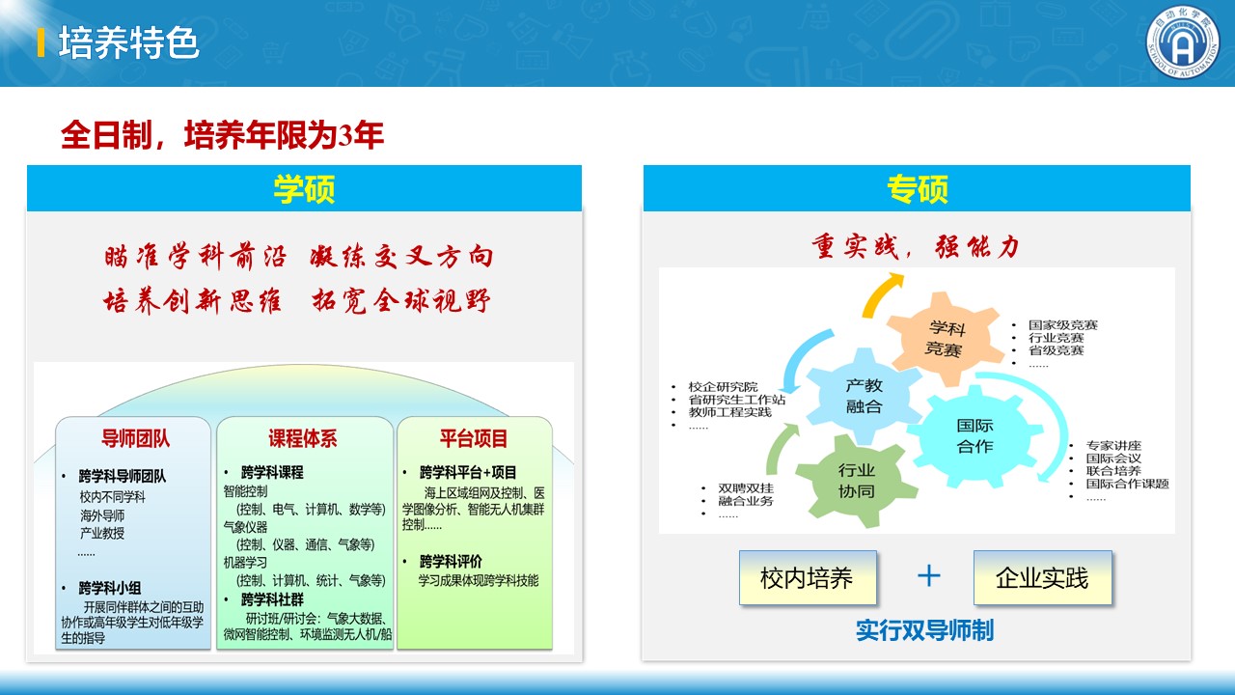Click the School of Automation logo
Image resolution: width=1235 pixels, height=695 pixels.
pyautogui.click(x=1183, y=43)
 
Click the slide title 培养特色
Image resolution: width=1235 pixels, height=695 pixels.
pyautogui.click(x=128, y=42)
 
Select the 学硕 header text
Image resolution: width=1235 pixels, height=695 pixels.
pyautogui.click(x=304, y=188)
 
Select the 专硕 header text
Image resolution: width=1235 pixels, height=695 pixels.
pyautogui.click(x=918, y=188)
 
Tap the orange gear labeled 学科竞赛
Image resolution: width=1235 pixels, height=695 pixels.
pyautogui.click(x=945, y=339)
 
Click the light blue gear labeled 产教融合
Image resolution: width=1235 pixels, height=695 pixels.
pyautogui.click(x=864, y=396)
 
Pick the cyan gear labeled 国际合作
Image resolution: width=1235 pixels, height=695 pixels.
pyautogui.click(x=974, y=435)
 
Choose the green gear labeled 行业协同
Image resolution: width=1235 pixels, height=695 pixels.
pyautogui.click(x=856, y=481)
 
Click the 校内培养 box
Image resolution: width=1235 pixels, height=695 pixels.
pyautogui.click(x=808, y=578)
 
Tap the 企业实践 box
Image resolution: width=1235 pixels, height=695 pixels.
pyautogui.click(x=1043, y=578)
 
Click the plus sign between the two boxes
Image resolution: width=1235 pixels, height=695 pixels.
pyautogui.click(x=928, y=576)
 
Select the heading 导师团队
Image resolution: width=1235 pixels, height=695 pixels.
pyautogui.click(x=136, y=438)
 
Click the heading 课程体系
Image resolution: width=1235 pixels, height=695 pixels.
pyautogui.click(x=303, y=438)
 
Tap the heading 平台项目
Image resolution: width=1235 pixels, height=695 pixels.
pyautogui.click(x=474, y=438)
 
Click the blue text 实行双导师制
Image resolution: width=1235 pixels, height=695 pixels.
pyautogui.click(x=924, y=630)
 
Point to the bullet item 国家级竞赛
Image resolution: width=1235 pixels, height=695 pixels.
pyautogui.click(x=1063, y=325)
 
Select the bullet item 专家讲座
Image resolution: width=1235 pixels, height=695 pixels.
pyautogui.click(x=1113, y=445)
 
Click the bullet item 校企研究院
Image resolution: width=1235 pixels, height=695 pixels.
pyautogui.click(x=723, y=387)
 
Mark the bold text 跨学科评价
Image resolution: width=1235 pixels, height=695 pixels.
pyautogui.click(x=451, y=562)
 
